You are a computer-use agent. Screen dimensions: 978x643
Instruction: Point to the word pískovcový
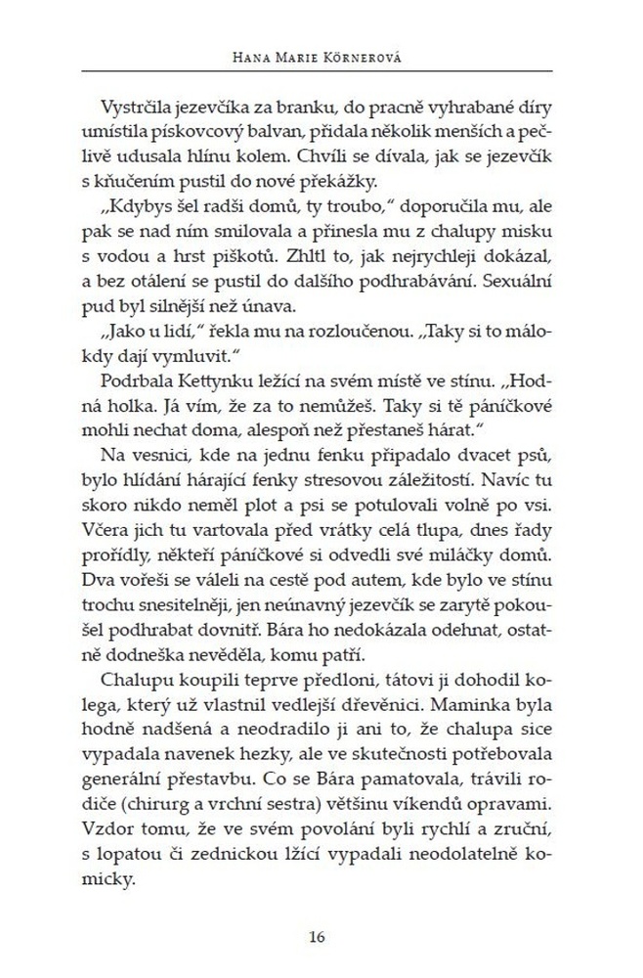(x=196, y=134)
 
